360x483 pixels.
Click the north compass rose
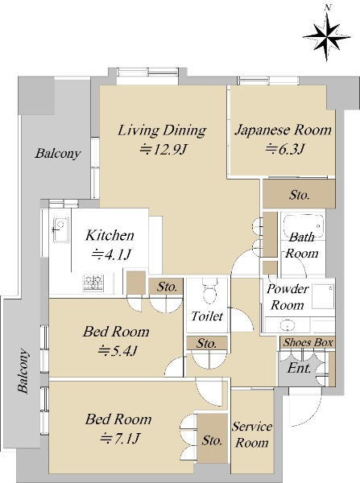point(327,37)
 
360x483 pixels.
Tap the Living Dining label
point(162,130)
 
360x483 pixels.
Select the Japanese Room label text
point(283,130)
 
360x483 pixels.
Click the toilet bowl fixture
point(210,290)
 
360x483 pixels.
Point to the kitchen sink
point(60,230)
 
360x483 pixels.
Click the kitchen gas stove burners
point(93,283)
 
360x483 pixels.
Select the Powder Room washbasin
point(288,325)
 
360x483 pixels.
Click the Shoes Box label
point(308,343)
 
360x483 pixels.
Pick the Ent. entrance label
point(299,368)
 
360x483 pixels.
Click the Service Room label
point(252,435)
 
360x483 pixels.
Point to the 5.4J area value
point(118,350)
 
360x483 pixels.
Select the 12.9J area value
point(163,150)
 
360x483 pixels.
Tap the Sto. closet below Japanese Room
point(299,194)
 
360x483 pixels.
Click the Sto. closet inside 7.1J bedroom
point(213,438)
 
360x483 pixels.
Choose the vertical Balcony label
point(23,370)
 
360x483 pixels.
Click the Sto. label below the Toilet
point(206,343)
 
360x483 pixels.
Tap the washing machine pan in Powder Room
point(323,296)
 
